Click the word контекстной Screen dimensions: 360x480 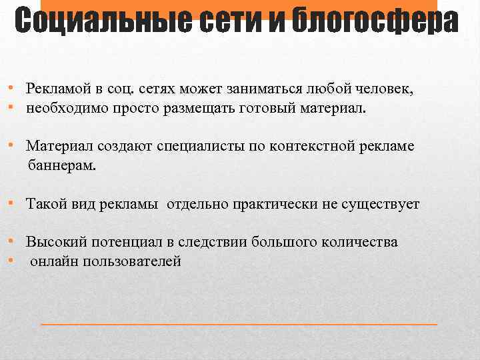click(x=315, y=146)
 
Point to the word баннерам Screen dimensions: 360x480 click(x=62, y=165)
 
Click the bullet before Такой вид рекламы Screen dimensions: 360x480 click(x=13, y=203)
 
